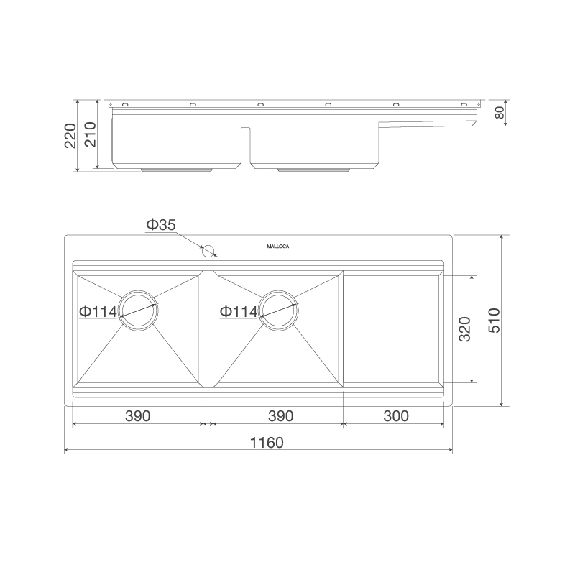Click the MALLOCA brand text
278,246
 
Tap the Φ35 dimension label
160,226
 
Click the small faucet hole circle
208,252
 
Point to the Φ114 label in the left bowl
98,312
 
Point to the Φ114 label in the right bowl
238,312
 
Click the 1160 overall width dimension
267,443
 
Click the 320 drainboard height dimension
464,328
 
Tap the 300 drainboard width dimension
395,416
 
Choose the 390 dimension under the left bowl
137,416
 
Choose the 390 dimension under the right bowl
280,416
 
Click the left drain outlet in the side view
176,170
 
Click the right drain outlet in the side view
314,170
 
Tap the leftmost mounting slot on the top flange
126,105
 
